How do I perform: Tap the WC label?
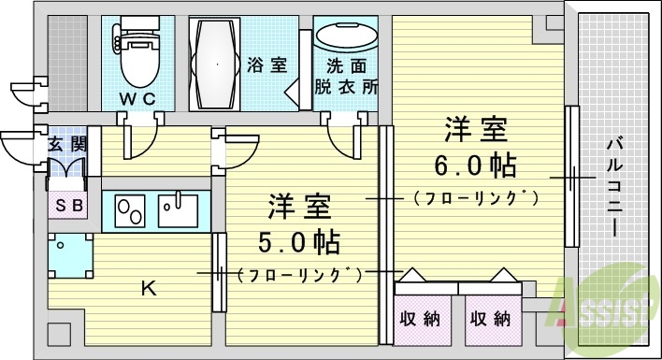click(137, 98)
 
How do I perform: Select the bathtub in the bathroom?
click(216, 62)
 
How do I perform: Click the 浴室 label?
click(266, 65)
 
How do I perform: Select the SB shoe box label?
click(67, 204)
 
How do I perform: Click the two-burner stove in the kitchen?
click(128, 210)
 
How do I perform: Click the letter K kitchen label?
click(148, 288)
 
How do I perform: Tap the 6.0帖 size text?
click(475, 166)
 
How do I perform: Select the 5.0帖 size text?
click(298, 242)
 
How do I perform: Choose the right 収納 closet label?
click(490, 318)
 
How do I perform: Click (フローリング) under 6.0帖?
click(476, 197)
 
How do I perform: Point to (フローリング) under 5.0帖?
click(299, 274)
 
